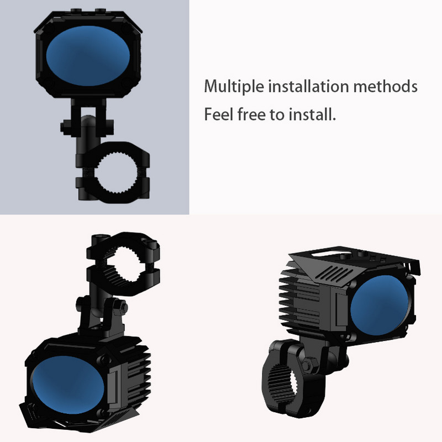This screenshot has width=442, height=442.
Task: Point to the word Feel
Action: (217, 115)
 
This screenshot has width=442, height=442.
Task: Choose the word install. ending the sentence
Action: (313, 115)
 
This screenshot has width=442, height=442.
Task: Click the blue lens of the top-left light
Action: (88, 54)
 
